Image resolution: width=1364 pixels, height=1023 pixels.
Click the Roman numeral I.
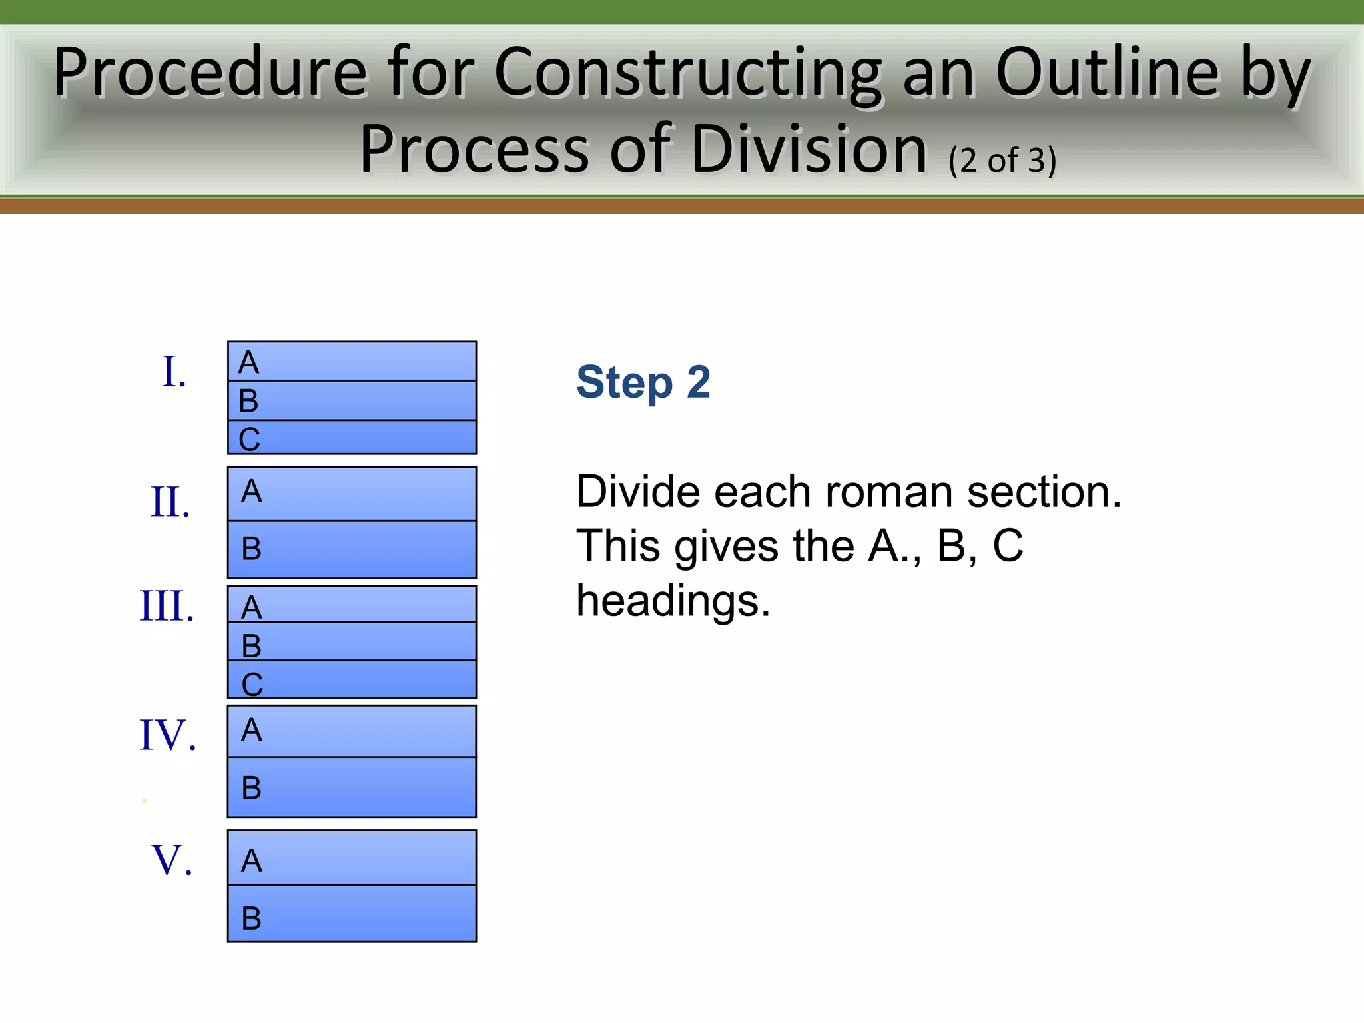[x=173, y=372]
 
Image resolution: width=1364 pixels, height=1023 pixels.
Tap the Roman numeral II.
[x=170, y=502]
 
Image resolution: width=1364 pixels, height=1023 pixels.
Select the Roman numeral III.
[x=167, y=607]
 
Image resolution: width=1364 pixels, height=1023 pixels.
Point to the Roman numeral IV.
[x=168, y=735]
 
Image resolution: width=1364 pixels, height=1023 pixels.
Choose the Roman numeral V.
[x=172, y=860]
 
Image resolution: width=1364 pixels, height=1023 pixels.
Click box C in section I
[x=352, y=438]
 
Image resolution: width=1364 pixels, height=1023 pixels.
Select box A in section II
[x=352, y=494]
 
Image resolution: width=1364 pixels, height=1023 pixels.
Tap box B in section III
[x=352, y=642]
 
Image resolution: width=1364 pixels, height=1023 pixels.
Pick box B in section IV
[x=352, y=787]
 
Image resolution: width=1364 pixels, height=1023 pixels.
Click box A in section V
[x=352, y=858]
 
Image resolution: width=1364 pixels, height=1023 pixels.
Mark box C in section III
[x=352, y=680]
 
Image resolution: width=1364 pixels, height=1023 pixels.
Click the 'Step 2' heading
[x=643, y=383]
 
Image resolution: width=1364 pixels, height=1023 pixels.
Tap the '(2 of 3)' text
[x=1002, y=161]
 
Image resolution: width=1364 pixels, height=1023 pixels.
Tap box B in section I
[x=352, y=400]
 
